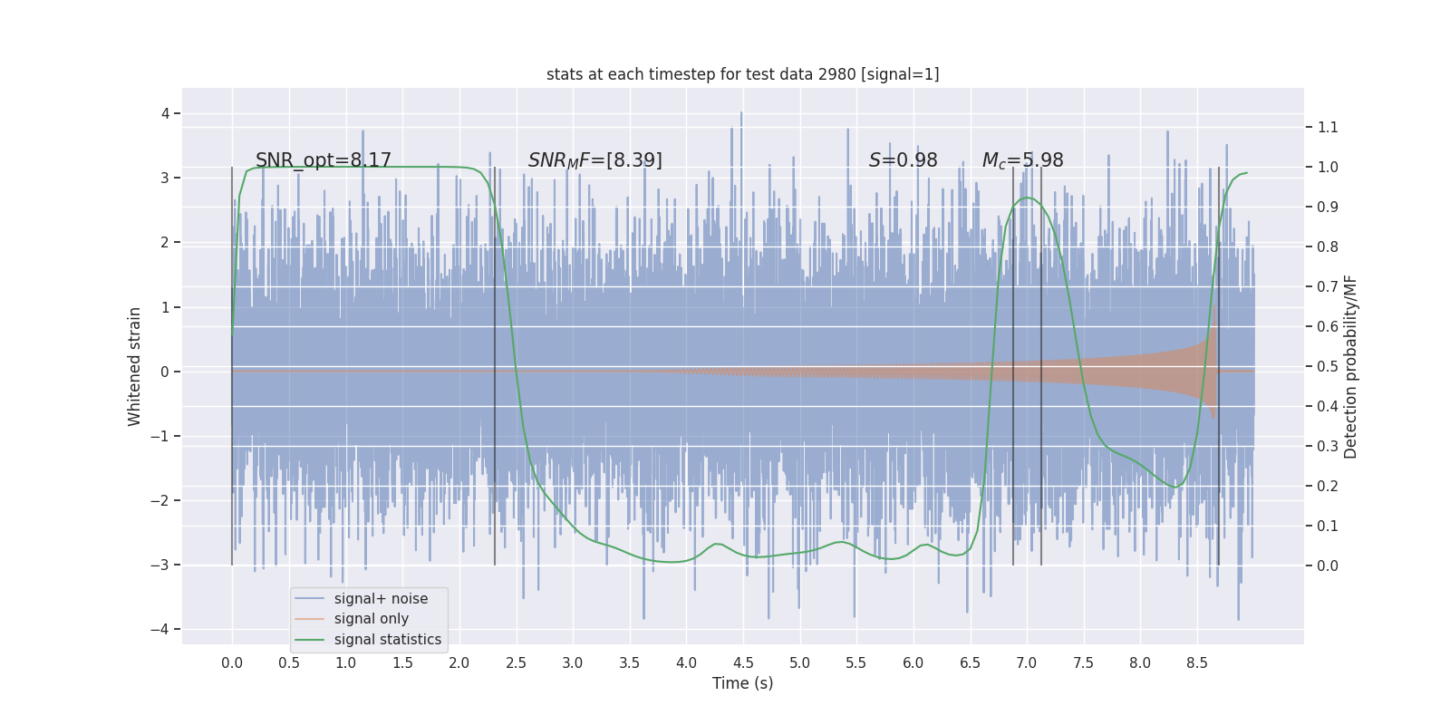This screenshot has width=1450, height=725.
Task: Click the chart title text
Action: (742, 74)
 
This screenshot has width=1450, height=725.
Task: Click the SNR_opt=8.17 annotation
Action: (324, 160)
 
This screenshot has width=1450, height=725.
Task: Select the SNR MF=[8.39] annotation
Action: (595, 160)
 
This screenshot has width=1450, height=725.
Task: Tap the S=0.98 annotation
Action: (903, 160)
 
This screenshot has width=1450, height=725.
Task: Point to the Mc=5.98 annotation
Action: (1022, 160)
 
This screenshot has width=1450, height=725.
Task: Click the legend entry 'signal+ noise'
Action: (381, 599)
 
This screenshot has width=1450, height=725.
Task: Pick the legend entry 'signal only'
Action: (371, 619)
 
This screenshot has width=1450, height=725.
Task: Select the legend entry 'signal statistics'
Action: (387, 640)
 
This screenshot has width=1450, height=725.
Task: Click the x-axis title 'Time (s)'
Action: (742, 683)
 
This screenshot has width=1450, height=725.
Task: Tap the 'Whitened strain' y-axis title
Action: (135, 366)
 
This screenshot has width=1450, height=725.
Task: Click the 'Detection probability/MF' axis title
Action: (1351, 366)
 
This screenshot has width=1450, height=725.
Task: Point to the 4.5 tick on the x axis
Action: (743, 662)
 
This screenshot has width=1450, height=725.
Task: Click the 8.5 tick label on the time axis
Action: (1197, 662)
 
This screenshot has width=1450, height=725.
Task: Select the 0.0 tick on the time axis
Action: (232, 662)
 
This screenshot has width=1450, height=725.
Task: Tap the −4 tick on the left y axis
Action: (164, 629)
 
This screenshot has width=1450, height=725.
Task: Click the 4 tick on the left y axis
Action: (166, 113)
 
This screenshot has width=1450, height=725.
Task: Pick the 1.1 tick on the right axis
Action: (1328, 127)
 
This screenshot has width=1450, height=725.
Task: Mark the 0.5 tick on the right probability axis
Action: (1328, 366)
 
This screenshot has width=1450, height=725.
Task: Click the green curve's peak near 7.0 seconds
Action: (1026, 198)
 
